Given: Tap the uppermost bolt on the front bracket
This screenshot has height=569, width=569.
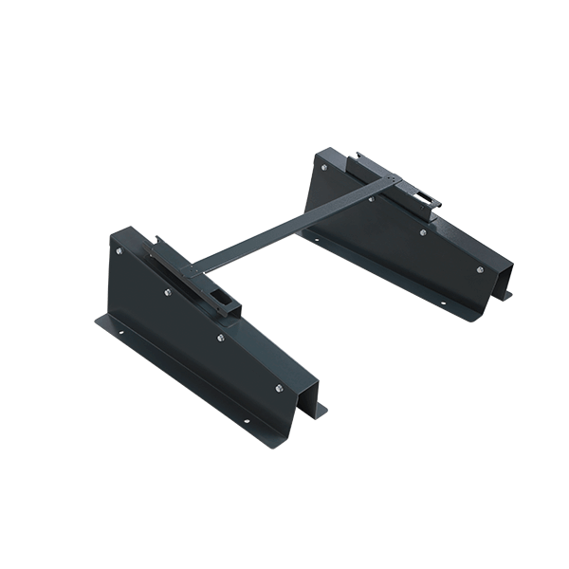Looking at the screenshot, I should click(119, 250).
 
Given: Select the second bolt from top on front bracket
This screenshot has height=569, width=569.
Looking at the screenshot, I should click(169, 292).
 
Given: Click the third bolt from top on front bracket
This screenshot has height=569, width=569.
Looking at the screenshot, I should click(221, 337).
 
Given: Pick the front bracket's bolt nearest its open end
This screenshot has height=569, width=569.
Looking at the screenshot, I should click(280, 387).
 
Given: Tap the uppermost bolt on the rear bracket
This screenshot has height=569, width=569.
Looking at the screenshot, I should click(323, 168).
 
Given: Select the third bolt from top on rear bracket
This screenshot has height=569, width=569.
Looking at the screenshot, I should click(423, 230).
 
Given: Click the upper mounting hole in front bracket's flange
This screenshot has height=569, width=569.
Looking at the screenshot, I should click(120, 333).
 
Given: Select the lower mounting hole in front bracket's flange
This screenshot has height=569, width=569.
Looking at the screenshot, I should click(246, 421).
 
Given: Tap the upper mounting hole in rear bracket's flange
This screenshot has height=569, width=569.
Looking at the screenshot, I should click(315, 242).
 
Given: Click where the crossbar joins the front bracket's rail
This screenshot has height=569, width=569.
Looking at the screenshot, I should click(195, 267).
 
